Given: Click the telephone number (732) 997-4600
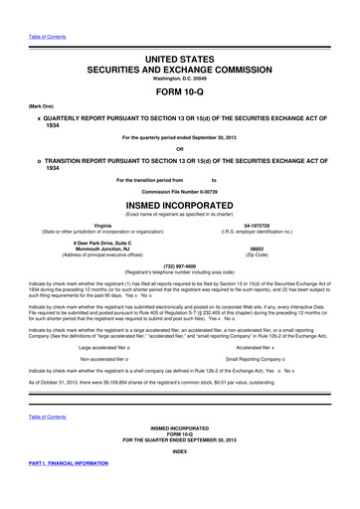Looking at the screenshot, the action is (180, 266).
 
